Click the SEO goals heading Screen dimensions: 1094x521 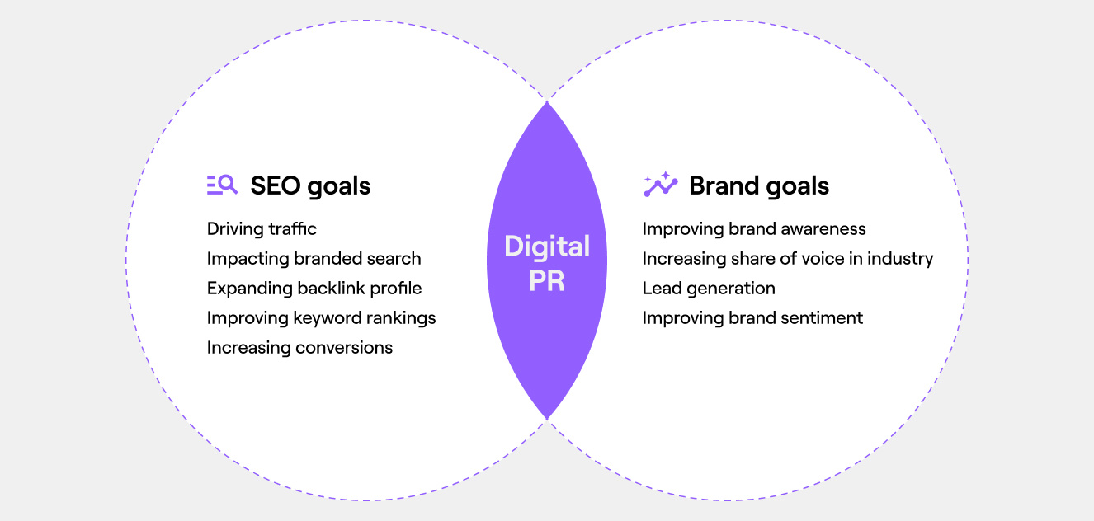click(310, 186)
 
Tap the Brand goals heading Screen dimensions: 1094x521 click(759, 186)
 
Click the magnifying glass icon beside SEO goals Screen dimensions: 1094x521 click(222, 185)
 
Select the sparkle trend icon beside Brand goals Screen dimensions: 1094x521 click(661, 184)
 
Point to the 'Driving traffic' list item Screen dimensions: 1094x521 click(262, 229)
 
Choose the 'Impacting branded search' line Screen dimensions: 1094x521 click(314, 259)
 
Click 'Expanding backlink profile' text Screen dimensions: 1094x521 click(314, 289)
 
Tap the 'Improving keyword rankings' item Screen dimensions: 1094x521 click(322, 318)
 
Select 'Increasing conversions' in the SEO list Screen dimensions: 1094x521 click(299, 348)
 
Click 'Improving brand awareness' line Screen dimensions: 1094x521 click(754, 229)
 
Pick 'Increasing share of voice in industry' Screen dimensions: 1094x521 click(788, 259)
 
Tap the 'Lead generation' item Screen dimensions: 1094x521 click(709, 289)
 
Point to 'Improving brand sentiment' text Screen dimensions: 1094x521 click(752, 318)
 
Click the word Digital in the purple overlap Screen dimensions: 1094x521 click(547, 246)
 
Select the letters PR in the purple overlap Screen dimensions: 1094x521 click(547, 280)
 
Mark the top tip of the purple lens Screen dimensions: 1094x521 click(547, 101)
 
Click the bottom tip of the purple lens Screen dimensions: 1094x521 click(547, 419)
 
